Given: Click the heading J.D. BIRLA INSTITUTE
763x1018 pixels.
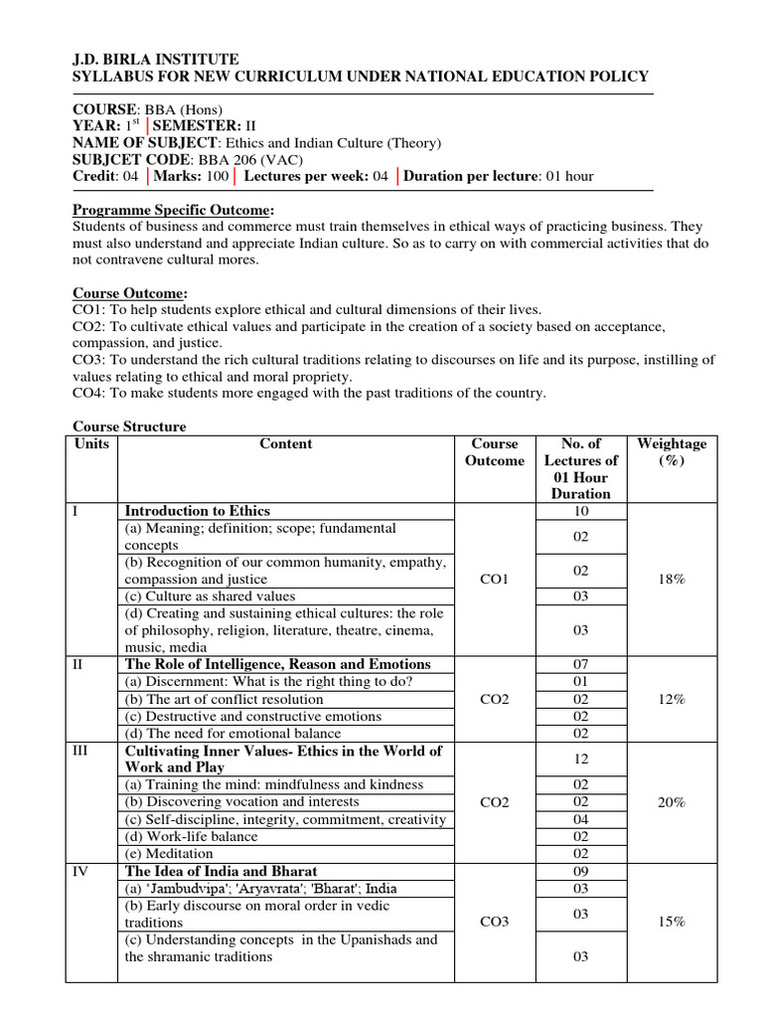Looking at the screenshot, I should click(156, 60).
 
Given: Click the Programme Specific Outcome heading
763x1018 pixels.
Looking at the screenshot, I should click(174, 210).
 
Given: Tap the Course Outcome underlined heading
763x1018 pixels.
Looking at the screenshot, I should click(130, 293).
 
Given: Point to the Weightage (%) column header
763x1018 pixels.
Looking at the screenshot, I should click(672, 452).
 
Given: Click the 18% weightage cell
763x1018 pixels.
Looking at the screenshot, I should click(672, 580).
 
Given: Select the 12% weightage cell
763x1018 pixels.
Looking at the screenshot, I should click(672, 699).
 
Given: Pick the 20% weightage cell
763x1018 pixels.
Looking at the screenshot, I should click(672, 802).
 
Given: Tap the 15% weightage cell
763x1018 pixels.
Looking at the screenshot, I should click(672, 923).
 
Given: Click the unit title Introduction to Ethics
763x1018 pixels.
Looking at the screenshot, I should click(197, 511).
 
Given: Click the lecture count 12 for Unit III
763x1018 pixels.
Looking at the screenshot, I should click(581, 760).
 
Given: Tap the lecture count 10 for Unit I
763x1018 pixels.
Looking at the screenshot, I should click(581, 511).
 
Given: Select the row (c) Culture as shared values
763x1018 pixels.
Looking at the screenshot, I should click(210, 596).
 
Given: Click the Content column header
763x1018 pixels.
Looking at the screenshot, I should click(286, 444).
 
